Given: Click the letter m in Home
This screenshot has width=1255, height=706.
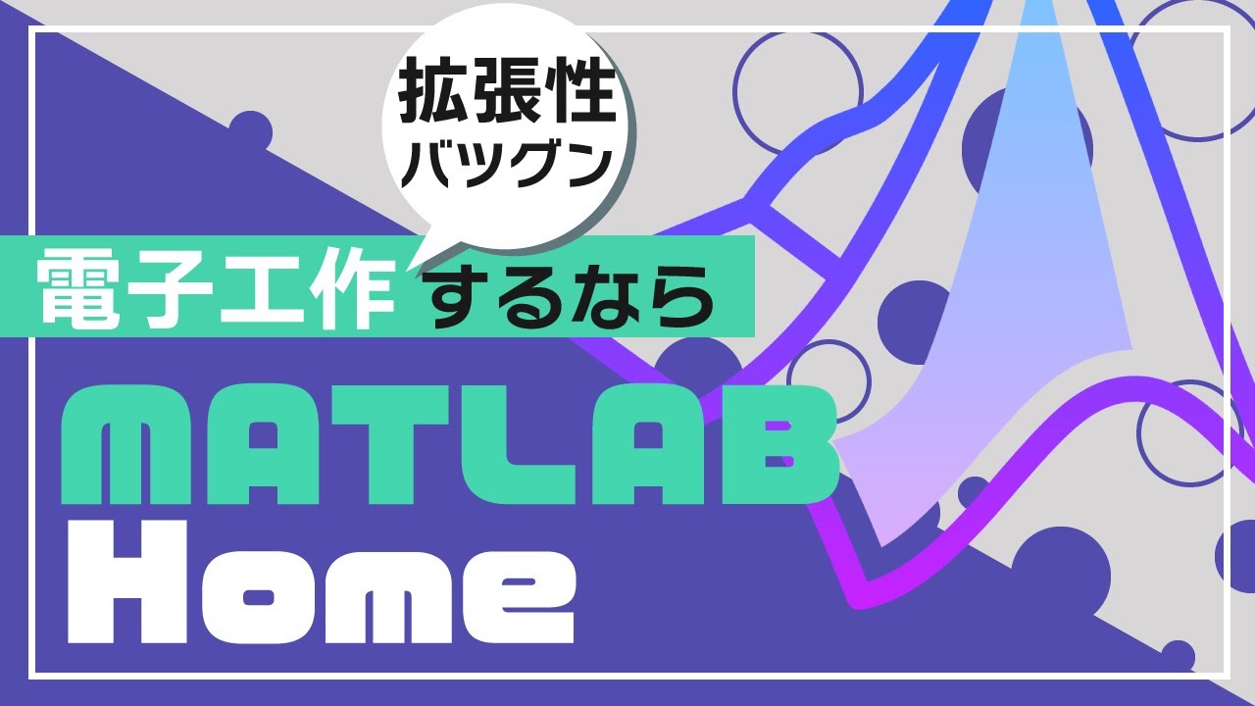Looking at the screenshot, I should [397, 598].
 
